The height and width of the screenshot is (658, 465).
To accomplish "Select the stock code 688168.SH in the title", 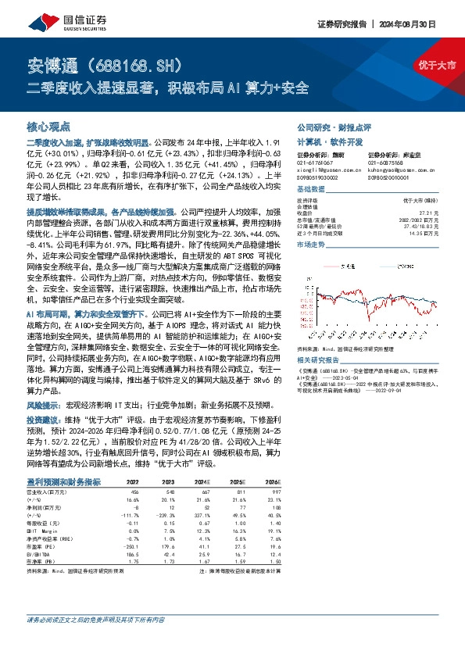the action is [143, 63].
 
